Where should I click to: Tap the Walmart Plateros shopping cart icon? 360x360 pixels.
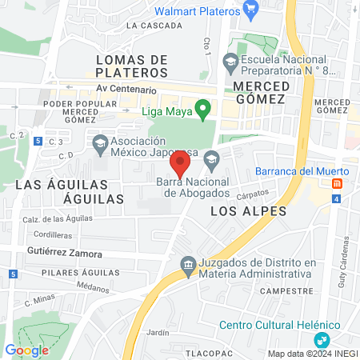pyautogui.click(x=251, y=10)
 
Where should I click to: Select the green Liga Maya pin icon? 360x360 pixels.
pyautogui.click(x=203, y=109)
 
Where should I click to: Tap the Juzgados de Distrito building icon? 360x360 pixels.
pyautogui.click(x=187, y=264)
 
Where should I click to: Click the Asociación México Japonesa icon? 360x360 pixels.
pyautogui.click(x=100, y=145)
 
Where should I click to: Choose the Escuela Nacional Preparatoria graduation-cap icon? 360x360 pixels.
pyautogui.click(x=230, y=60)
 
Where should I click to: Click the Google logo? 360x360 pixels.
pyautogui.click(x=26, y=350)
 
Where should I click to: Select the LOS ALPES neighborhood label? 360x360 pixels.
pyautogui.click(x=237, y=211)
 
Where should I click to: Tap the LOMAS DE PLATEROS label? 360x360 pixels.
pyautogui.click(x=131, y=66)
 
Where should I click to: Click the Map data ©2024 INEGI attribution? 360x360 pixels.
pyautogui.click(x=312, y=354)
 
